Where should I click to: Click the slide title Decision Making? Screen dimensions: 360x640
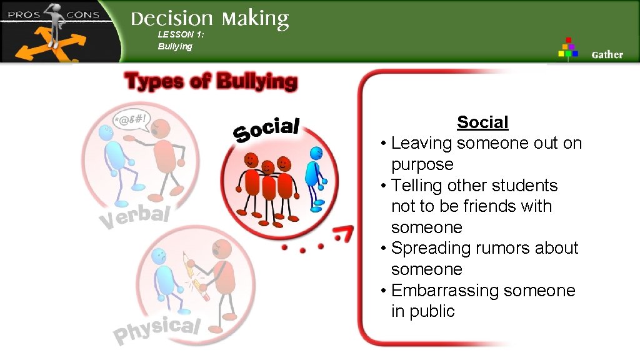tap(209, 19)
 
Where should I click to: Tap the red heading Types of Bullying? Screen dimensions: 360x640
tap(211, 81)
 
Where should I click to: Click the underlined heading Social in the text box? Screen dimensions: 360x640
tap(482, 122)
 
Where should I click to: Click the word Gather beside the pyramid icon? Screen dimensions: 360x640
tap(607, 54)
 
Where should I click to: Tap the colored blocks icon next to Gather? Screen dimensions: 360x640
tap(568, 47)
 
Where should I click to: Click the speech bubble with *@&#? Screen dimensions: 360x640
tap(132, 119)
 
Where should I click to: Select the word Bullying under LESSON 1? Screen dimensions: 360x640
tap(175, 47)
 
